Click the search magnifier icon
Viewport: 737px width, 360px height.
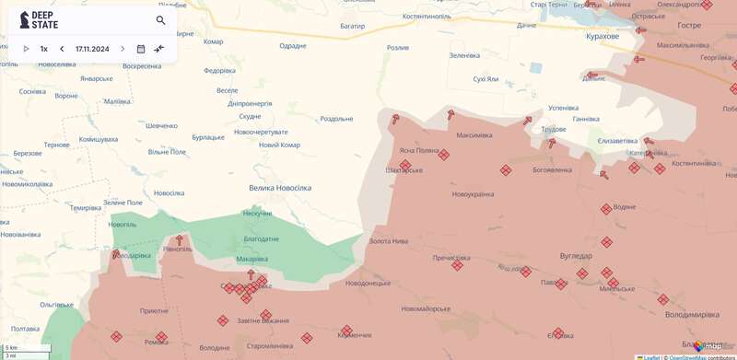click(160, 20)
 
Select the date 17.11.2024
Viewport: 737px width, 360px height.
click(91, 49)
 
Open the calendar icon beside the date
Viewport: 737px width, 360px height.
click(140, 49)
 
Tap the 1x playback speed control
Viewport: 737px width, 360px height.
click(43, 49)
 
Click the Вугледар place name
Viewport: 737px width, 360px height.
click(576, 255)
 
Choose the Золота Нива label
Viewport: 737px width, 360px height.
click(388, 241)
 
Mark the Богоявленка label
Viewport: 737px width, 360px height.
click(552, 170)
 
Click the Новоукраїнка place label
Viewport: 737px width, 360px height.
click(473, 194)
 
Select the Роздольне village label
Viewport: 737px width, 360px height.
click(336, 119)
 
